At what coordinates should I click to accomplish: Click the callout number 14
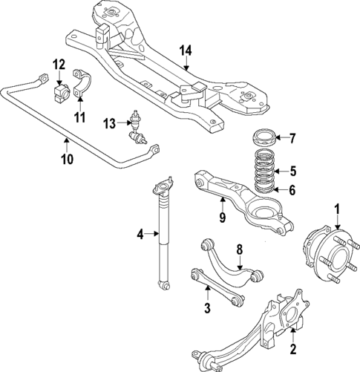click(x=186, y=50)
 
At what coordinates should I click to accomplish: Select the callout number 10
click(x=65, y=157)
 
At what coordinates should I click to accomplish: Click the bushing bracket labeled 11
click(x=82, y=85)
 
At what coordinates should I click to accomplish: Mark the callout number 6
click(x=292, y=191)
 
